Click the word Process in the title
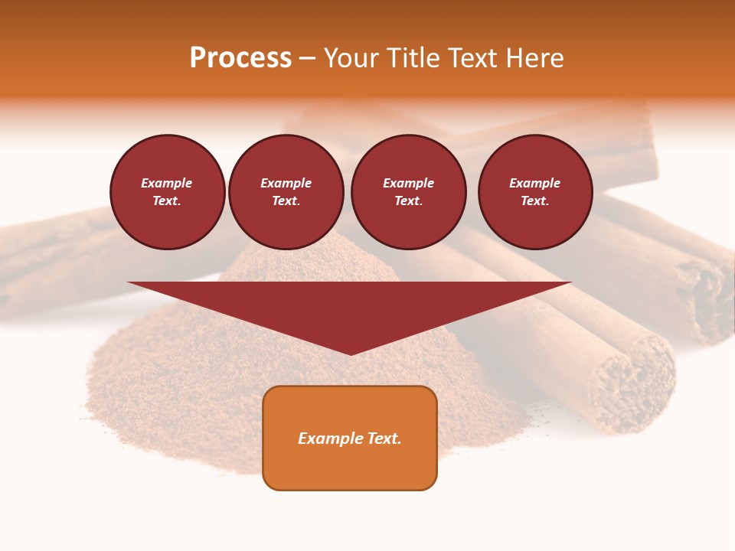(240, 58)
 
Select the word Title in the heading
(413, 58)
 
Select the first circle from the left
(168, 192)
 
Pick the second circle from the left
(286, 192)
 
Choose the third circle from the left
(409, 192)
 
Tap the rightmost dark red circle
(535, 192)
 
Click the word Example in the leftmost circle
(167, 183)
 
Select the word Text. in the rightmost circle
(535, 201)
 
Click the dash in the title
(308, 58)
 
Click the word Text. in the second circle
(286, 201)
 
